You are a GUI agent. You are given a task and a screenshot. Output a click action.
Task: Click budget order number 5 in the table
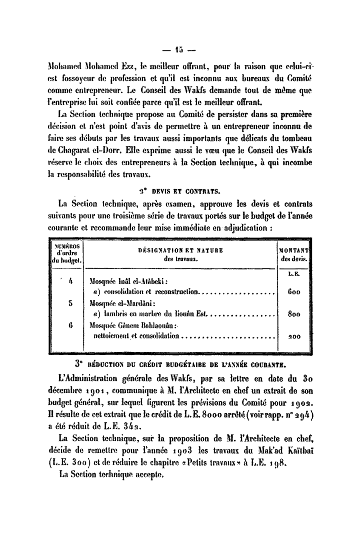point(70,303)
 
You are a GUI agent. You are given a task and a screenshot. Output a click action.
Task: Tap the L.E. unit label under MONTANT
point(293,274)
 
